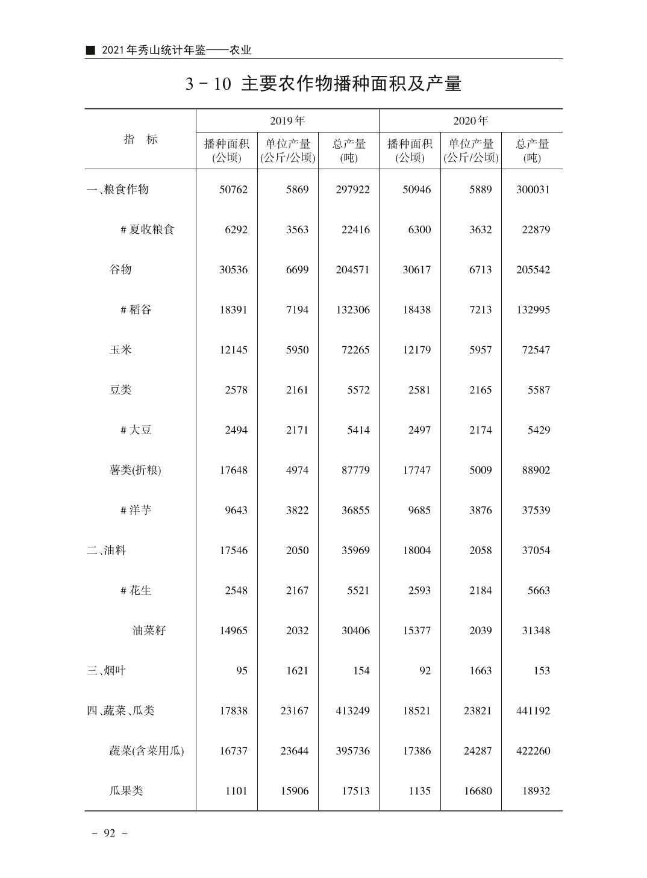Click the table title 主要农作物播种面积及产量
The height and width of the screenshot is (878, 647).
pyautogui.click(x=323, y=84)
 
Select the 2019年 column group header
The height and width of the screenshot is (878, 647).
pyautogui.click(x=287, y=121)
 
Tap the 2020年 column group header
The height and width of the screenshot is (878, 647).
pyautogui.click(x=470, y=121)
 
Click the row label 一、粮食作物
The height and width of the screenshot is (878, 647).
pyautogui.click(x=117, y=190)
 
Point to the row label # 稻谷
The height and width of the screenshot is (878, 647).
pyautogui.click(x=136, y=310)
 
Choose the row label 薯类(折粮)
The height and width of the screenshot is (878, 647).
pyautogui.click(x=135, y=470)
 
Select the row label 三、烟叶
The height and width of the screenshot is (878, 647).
pyautogui.click(x=106, y=671)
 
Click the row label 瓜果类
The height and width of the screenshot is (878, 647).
pyautogui.click(x=126, y=791)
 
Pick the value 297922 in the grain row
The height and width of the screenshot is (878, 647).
pyautogui.click(x=352, y=190)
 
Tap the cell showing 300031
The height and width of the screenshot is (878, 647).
pyautogui.click(x=533, y=190)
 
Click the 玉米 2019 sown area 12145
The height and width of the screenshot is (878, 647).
pyautogui.click(x=233, y=350)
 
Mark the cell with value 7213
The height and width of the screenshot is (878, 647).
pyautogui.click(x=480, y=310)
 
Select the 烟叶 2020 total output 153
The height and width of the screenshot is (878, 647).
pyautogui.click(x=542, y=671)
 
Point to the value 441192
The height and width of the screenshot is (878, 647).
pyautogui.click(x=533, y=711)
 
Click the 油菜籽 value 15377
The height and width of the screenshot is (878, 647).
pyautogui.click(x=416, y=631)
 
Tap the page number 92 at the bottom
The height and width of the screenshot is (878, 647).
pyautogui.click(x=109, y=833)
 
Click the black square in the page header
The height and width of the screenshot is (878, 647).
pyautogui.click(x=90, y=51)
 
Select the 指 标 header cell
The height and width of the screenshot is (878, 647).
pyautogui.click(x=140, y=139)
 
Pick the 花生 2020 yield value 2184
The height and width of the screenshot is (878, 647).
pyautogui.click(x=480, y=591)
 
